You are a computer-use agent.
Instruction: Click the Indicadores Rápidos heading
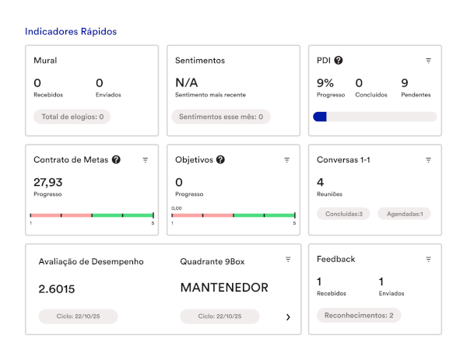coord(71,32)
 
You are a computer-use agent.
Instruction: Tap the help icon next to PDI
coord(339,61)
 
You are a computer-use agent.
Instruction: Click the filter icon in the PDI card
coord(428,61)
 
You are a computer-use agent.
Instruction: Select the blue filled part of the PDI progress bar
coord(320,117)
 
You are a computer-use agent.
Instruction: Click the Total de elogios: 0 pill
coord(72,117)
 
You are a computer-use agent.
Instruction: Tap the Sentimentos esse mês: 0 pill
coord(221,117)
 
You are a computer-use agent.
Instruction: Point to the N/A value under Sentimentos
coord(187,82)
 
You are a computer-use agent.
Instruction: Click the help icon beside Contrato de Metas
coord(116,159)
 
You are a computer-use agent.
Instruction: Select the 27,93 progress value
coord(48,182)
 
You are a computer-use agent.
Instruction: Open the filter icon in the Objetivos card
coord(286,160)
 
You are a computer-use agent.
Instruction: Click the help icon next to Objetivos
coord(220,159)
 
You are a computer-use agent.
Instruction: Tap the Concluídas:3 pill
coord(343,214)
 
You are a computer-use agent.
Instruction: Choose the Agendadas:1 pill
coord(404,214)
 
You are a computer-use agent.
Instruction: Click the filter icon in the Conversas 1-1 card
coord(428,160)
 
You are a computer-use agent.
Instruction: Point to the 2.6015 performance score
coord(57,289)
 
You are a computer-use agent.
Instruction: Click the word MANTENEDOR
coord(224,288)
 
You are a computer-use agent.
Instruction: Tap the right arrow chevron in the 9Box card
coord(288,317)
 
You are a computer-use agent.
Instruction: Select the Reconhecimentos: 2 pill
coord(359,316)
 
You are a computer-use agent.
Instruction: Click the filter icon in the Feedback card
coord(428,260)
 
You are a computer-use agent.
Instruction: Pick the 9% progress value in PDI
coord(325,83)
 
